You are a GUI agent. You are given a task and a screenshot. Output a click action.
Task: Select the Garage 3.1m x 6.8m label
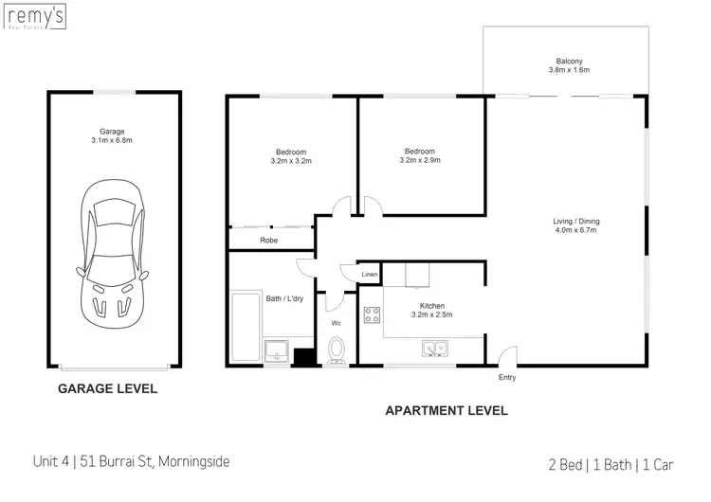[x=113, y=136]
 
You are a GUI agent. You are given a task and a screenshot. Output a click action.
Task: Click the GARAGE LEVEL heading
[x=108, y=388]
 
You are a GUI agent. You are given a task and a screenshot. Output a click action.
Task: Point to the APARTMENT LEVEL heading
[x=446, y=411]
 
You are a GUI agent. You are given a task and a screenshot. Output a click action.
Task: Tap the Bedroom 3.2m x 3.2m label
[x=291, y=157]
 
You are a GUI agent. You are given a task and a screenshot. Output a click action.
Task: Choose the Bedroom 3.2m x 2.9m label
[x=420, y=155]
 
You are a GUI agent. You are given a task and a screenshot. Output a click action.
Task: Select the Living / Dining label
[x=576, y=225]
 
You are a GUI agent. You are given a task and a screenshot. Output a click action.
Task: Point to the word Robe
[x=268, y=242]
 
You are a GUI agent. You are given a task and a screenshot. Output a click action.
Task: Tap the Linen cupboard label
[x=370, y=275]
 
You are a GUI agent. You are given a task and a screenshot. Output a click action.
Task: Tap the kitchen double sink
[x=436, y=350]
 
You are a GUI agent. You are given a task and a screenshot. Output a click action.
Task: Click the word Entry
[x=508, y=377]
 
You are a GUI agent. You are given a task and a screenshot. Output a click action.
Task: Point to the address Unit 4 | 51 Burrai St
[x=142, y=462]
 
